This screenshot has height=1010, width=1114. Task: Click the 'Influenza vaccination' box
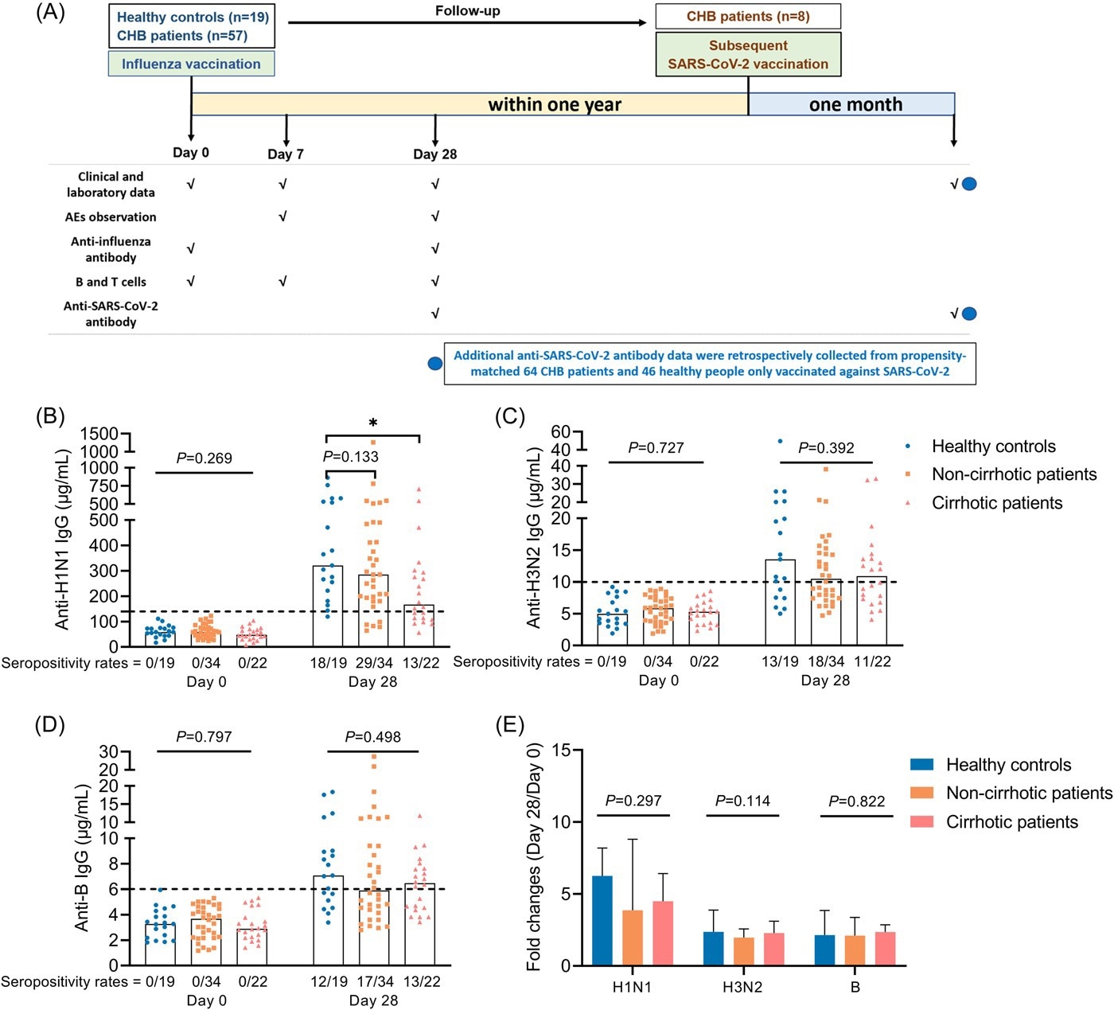point(191,64)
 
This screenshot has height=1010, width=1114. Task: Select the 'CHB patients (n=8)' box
point(748,17)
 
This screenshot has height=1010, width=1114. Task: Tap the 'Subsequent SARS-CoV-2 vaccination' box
point(748,54)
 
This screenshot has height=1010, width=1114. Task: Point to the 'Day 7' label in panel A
point(286,154)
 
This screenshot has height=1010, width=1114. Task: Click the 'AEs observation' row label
point(111,216)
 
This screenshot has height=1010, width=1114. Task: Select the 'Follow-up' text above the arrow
point(467,11)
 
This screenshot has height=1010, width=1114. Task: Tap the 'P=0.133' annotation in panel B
point(351,456)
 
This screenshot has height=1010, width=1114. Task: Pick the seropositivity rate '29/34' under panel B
point(374,662)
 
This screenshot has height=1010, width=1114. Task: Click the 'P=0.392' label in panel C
point(826,448)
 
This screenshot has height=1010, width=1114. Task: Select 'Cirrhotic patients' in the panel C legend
point(996,503)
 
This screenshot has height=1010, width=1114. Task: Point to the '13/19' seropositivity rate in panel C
point(780,661)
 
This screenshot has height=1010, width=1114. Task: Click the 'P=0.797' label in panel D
point(204,737)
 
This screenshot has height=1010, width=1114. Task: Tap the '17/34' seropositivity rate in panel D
point(374,981)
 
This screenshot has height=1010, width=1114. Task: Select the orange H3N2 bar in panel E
point(743,951)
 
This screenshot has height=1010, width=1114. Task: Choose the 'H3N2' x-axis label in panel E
point(742,988)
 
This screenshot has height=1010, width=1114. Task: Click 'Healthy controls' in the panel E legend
point(1008,765)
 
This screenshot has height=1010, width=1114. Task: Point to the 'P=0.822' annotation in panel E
point(856,801)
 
